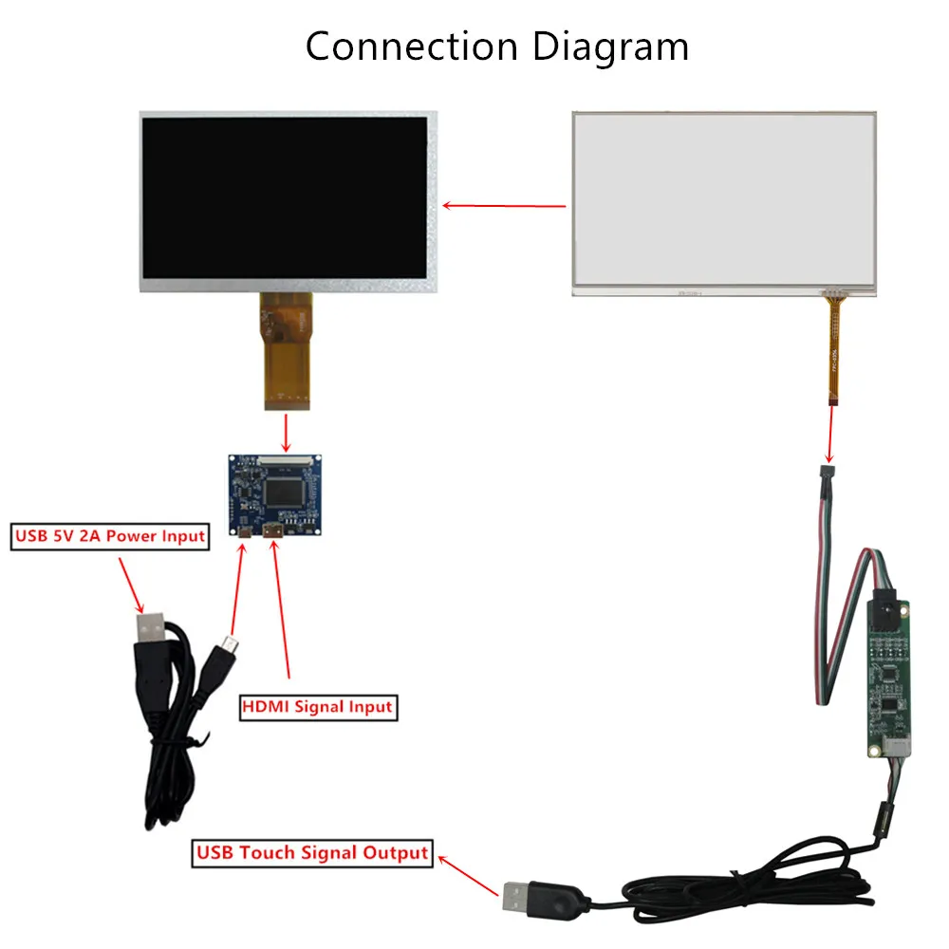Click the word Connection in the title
pyautogui.click(x=412, y=47)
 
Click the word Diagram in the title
pyautogui.click(x=610, y=48)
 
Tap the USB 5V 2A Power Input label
pyautogui.click(x=110, y=536)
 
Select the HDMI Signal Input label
pyautogui.click(x=318, y=708)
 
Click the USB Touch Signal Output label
pyautogui.click(x=312, y=853)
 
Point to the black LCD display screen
pyautogui.click(x=285, y=198)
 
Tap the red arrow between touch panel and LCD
pyautogui.click(x=504, y=206)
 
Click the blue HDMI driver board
pyautogui.click(x=275, y=495)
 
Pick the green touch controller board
pyautogui.click(x=888, y=678)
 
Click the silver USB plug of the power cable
pyautogui.click(x=150, y=628)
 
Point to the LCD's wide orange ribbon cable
pyautogui.click(x=287, y=351)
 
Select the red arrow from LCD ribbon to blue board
pyautogui.click(x=287, y=432)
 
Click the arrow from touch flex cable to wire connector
pyautogui.click(x=831, y=435)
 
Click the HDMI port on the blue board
pyautogui.click(x=273, y=531)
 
